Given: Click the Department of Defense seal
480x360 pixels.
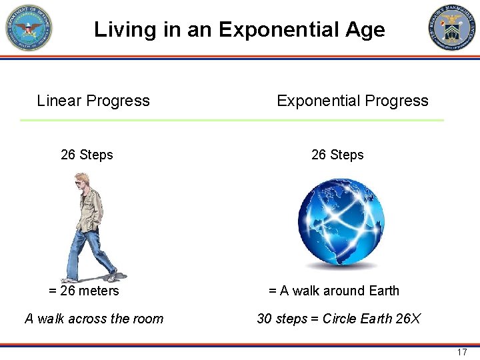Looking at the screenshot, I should point(28,27).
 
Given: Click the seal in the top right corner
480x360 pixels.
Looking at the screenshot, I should point(452,27).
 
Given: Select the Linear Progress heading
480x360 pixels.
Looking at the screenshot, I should point(93,101).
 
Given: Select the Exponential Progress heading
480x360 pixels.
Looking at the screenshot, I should point(352,101).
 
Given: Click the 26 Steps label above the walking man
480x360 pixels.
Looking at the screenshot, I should point(87,155).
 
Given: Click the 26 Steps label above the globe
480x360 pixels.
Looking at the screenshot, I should point(337,155).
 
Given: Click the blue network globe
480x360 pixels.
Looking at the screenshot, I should point(341,223).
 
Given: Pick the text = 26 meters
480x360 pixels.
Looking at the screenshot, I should point(84,291).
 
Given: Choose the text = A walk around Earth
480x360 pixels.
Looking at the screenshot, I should point(333,291).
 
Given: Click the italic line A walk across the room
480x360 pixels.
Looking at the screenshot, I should point(94,319).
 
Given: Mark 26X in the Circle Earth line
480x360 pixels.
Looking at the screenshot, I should point(408,319).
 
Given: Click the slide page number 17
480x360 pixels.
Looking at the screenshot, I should point(462,352).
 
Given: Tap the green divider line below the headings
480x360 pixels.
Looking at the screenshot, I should point(231,120).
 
